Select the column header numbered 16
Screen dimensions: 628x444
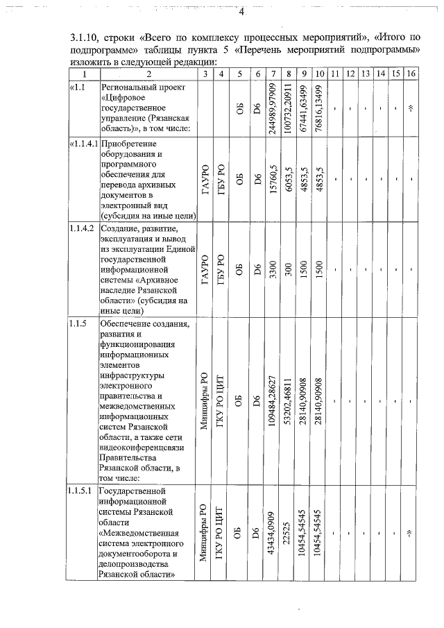[x=411, y=74]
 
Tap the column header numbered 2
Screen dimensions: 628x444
[x=148, y=74]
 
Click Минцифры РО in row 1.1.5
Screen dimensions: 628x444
[x=205, y=401]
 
